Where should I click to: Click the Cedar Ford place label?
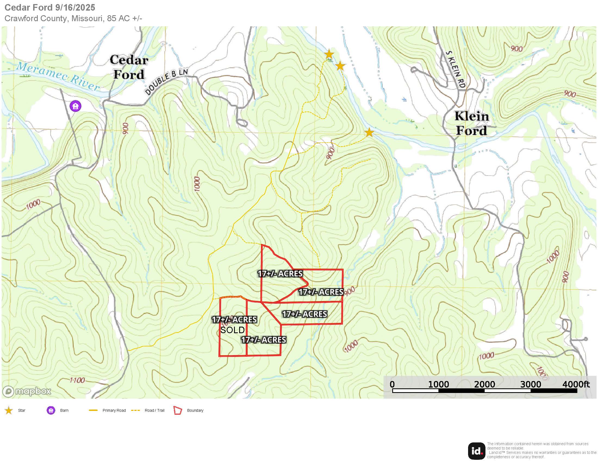(129, 67)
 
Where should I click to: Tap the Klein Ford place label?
(472, 123)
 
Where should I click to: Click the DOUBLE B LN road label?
(166, 82)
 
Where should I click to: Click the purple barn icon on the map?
(75, 106)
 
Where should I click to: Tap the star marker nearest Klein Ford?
(369, 133)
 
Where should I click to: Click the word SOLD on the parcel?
(232, 330)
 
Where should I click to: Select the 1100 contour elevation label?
(77, 380)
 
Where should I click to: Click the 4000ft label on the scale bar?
(576, 384)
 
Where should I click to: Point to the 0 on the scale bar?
(392, 384)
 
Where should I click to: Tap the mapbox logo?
(27, 391)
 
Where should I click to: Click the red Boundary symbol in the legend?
(178, 410)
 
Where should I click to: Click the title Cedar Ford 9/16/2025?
(50, 7)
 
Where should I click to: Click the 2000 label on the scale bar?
(484, 384)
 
